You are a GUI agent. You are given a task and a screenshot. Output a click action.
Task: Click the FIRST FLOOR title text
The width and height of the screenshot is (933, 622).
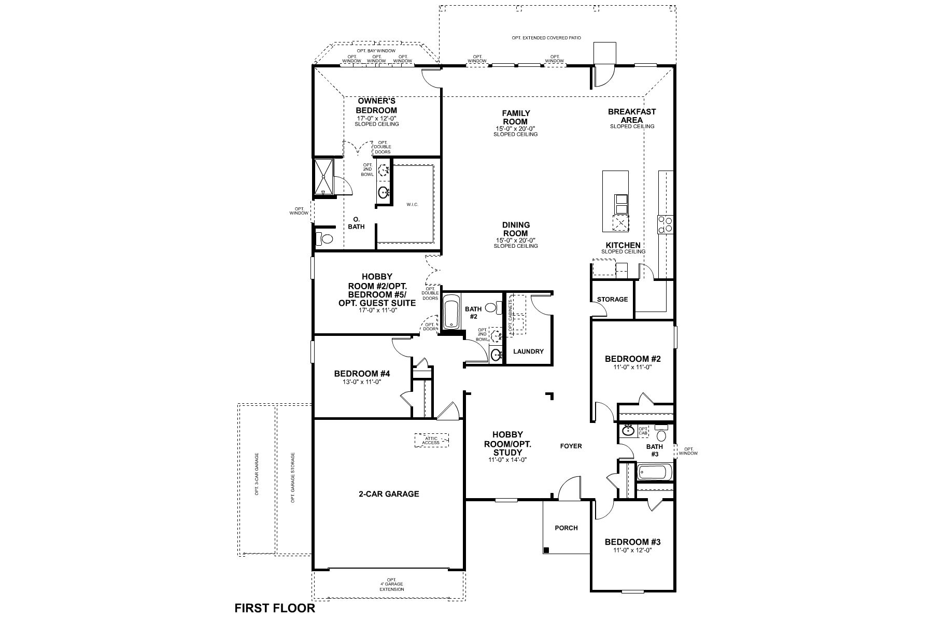pyautogui.click(x=275, y=608)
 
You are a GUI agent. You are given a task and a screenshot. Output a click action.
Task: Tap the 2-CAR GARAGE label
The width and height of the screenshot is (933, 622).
pyautogui.click(x=389, y=494)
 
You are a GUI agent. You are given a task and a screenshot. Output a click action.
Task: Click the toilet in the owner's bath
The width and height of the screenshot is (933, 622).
pyautogui.click(x=326, y=239)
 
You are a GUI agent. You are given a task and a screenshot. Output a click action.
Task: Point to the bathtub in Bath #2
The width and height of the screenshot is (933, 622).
pyautogui.click(x=451, y=312)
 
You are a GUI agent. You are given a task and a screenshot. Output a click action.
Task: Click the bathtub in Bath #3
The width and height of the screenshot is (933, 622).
pyautogui.click(x=655, y=472)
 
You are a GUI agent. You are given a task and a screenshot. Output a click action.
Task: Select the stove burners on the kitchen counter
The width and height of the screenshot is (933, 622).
pyautogui.click(x=665, y=224)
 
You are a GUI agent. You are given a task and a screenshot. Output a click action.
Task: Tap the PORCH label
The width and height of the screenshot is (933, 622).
pyautogui.click(x=566, y=528)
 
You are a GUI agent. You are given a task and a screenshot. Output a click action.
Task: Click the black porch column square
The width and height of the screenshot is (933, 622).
pyautogui.click(x=546, y=550)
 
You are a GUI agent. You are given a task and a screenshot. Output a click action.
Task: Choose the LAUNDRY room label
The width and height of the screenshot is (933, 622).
pyautogui.click(x=528, y=351)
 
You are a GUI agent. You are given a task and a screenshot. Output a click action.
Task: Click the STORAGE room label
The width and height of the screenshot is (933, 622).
pyautogui.click(x=612, y=299)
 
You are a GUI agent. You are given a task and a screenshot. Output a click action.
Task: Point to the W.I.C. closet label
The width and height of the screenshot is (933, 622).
pyautogui.click(x=412, y=205)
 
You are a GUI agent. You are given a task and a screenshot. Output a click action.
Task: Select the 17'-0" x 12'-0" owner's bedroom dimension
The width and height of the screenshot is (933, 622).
pyautogui.click(x=376, y=119)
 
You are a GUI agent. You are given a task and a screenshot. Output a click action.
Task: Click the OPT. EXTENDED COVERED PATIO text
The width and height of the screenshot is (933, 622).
pyautogui.click(x=546, y=38)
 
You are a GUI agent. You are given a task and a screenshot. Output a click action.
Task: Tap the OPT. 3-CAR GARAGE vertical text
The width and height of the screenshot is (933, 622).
pyautogui.click(x=257, y=474)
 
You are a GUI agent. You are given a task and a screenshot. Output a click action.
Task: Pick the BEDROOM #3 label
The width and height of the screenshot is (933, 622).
pyautogui.click(x=632, y=542)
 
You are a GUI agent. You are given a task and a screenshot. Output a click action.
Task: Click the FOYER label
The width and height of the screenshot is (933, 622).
pyautogui.click(x=571, y=446)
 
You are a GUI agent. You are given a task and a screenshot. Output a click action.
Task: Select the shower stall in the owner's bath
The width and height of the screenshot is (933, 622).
pyautogui.click(x=324, y=176)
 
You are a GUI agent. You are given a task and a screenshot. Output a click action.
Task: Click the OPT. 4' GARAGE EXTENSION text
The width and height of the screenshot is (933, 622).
pyautogui.click(x=391, y=585)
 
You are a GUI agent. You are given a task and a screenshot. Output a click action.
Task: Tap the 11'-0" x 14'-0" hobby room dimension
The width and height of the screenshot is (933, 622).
pyautogui.click(x=507, y=460)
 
